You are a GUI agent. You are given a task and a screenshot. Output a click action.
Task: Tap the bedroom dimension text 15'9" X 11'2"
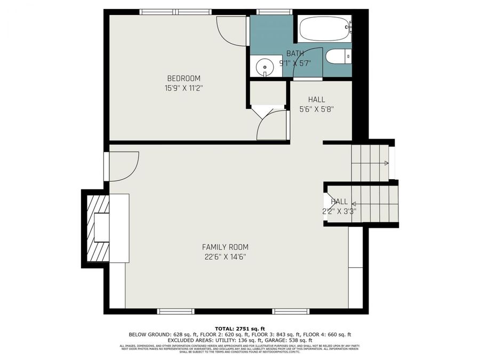[183, 88]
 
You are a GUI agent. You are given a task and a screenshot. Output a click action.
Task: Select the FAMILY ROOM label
[225, 247]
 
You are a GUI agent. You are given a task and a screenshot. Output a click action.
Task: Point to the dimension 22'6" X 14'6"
[225, 257]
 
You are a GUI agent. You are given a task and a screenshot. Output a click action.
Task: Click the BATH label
[295, 53]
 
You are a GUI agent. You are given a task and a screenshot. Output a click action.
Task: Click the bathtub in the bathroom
[324, 29]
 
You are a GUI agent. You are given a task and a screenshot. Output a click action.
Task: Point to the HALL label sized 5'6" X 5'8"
[316, 99]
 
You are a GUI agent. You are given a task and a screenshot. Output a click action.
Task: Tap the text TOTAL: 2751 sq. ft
[239, 329]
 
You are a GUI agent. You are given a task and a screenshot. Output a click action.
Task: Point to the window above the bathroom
[274, 11]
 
